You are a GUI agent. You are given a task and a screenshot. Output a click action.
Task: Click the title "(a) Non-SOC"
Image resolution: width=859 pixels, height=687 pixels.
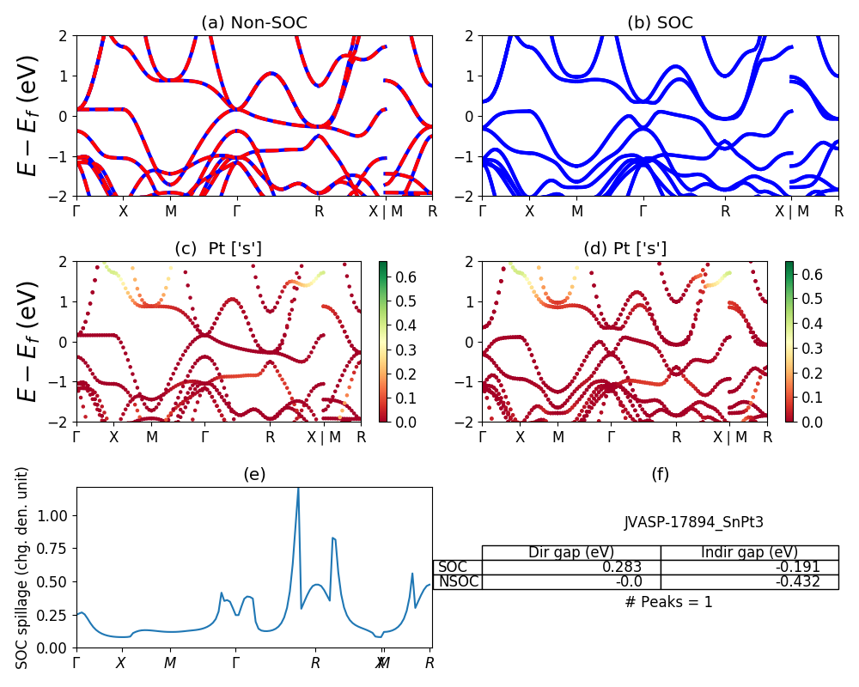(253, 23)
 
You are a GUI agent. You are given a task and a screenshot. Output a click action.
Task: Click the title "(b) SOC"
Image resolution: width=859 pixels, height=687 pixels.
(660, 23)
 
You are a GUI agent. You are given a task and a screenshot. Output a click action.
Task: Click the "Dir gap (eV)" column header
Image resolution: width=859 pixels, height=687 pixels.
(570, 552)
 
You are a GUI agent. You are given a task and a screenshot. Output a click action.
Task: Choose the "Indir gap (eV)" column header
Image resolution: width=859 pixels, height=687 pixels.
(749, 552)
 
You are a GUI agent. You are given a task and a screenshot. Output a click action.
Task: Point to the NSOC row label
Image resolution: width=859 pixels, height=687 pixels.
(458, 581)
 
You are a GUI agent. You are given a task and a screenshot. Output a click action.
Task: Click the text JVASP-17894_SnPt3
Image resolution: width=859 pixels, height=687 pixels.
(693, 521)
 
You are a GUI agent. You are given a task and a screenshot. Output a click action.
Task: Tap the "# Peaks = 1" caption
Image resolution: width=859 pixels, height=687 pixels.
(669, 602)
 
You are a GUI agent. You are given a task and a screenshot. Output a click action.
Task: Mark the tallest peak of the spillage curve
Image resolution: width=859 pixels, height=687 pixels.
(298, 489)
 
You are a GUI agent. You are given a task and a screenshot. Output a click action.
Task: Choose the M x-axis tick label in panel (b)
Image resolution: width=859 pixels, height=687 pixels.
(577, 210)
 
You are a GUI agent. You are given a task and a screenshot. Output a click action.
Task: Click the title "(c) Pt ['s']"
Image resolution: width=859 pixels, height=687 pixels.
(218, 249)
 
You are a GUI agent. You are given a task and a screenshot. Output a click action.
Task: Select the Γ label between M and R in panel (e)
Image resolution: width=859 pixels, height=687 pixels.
(235, 663)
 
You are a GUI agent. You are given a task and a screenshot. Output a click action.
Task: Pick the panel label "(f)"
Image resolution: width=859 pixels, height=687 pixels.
(660, 474)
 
